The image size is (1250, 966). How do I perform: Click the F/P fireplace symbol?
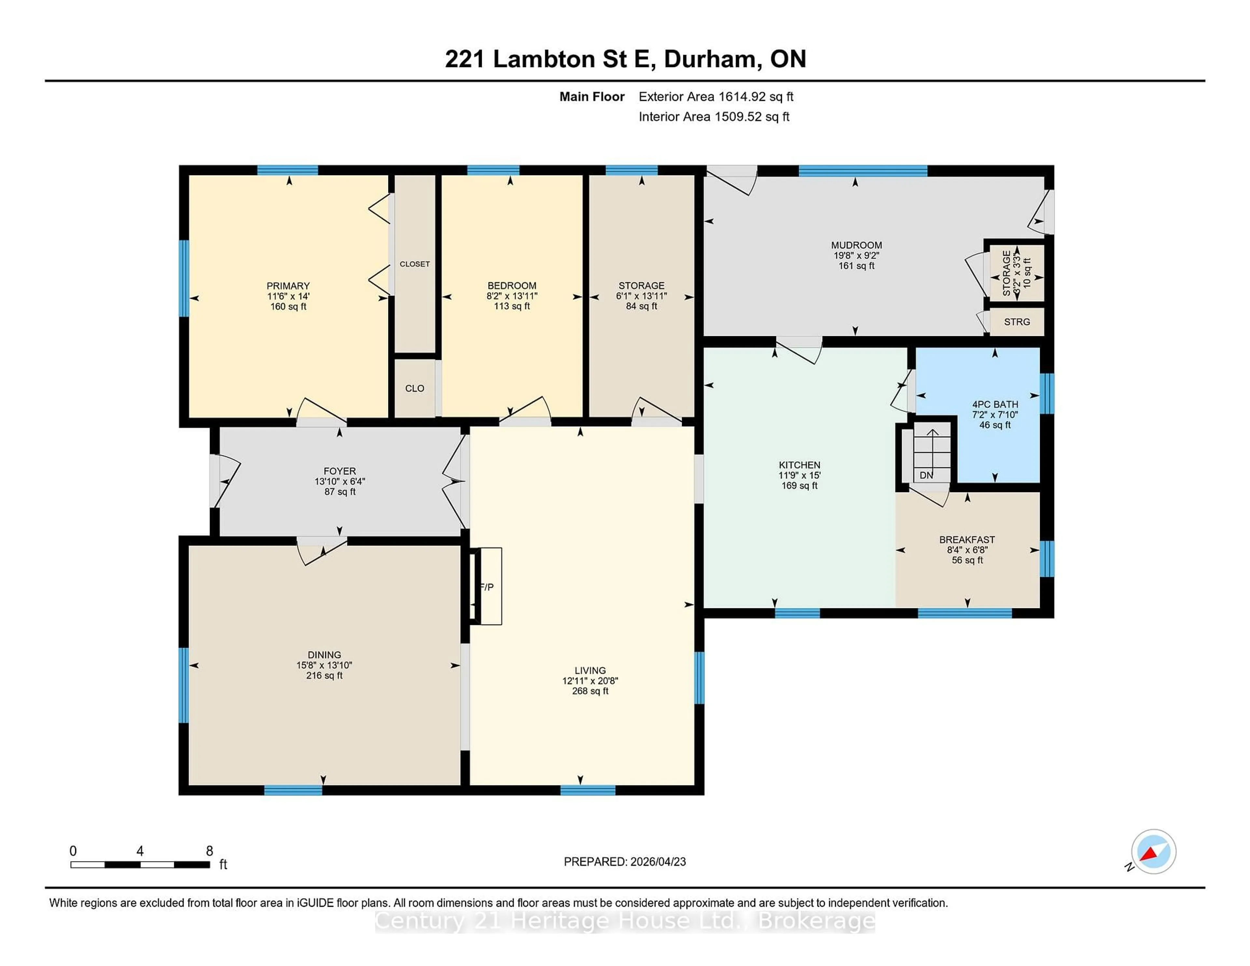tap(487, 586)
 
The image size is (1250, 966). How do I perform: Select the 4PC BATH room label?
tap(995, 404)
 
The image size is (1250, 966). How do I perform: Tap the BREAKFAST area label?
tap(967, 540)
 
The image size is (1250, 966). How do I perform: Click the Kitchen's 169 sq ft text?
tap(799, 486)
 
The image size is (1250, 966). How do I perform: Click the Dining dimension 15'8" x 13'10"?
tap(324, 665)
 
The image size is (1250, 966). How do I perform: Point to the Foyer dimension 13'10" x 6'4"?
tap(340, 482)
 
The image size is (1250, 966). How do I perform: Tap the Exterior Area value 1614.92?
tap(742, 97)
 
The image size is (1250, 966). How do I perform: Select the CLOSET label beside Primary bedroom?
tap(414, 264)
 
